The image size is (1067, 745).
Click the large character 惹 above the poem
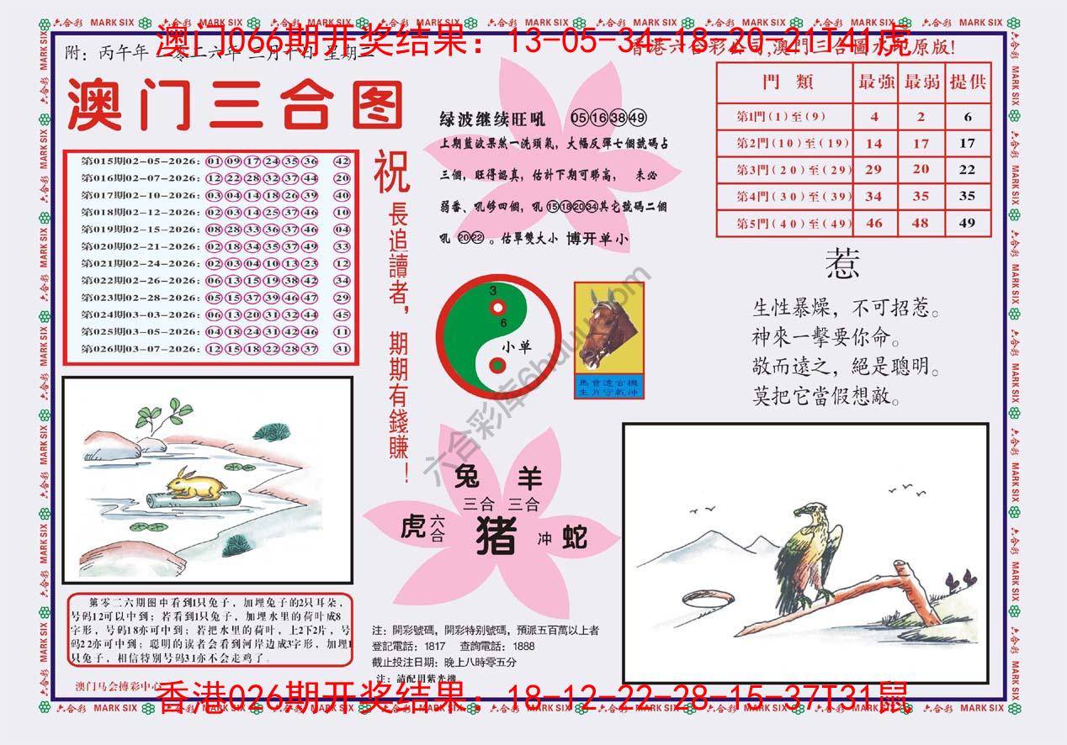pyautogui.click(x=842, y=265)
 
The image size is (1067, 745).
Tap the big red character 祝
pyautogui.click(x=392, y=171)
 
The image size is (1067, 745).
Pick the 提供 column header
pyautogui.click(x=967, y=82)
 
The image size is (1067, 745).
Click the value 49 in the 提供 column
pyautogui.click(x=967, y=223)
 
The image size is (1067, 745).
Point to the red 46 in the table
pyautogui.click(x=874, y=223)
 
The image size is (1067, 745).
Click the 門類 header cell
pyautogui.click(x=783, y=82)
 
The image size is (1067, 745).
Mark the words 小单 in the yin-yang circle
pyautogui.click(x=517, y=346)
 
